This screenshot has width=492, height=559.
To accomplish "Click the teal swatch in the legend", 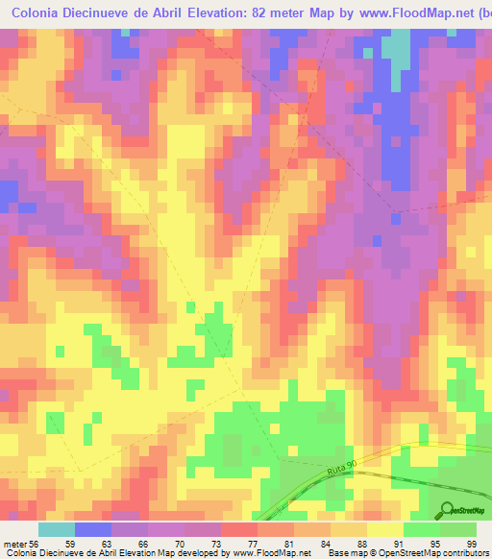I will point(57,529).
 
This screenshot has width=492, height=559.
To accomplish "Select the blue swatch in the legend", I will point(93,529).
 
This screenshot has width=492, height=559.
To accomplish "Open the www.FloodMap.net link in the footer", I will point(270,553).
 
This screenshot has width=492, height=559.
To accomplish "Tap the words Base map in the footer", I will point(345,553).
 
